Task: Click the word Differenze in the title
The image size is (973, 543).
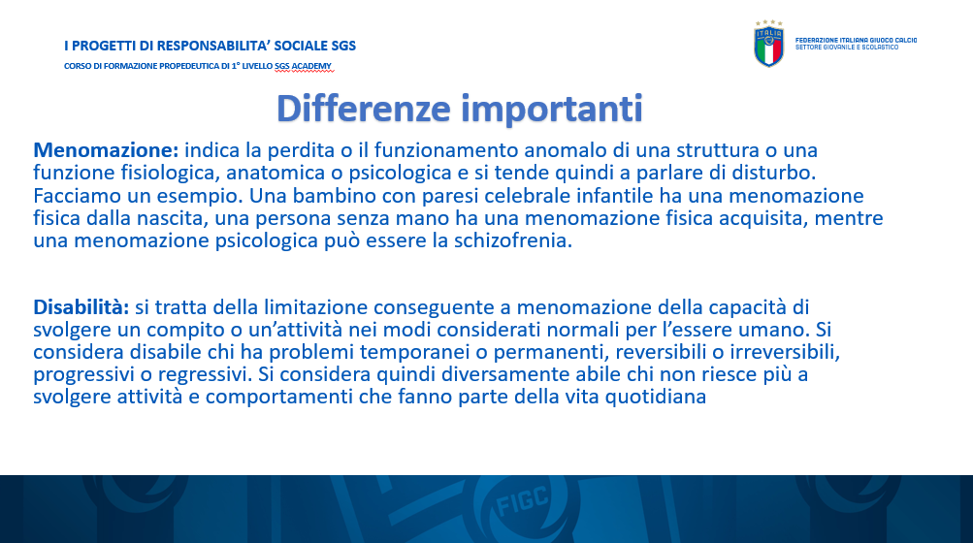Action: point(363,109)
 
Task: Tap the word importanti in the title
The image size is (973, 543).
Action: point(552,110)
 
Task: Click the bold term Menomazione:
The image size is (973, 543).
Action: point(106,150)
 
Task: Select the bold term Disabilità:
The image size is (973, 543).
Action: point(81,307)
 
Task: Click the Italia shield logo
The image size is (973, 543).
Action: point(769,44)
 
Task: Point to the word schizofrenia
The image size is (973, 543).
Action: point(513,240)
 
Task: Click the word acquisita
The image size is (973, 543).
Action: point(762,218)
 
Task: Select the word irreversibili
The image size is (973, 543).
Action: point(785,353)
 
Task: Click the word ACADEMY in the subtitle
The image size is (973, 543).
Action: point(311,66)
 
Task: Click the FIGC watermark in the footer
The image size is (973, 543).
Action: point(523,501)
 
